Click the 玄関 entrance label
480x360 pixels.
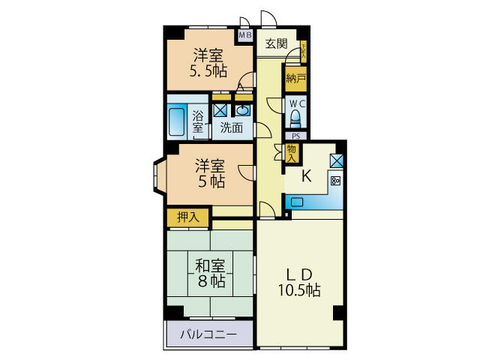click(x=276, y=43)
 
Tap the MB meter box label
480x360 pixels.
click(x=245, y=34)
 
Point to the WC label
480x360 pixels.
click(x=296, y=103)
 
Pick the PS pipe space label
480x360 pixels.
click(x=295, y=136)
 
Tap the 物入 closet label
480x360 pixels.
click(x=292, y=154)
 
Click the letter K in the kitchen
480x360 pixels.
click(x=306, y=177)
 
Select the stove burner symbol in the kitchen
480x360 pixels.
click(x=335, y=180)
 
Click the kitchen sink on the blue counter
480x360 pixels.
click(x=296, y=201)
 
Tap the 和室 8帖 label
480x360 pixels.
click(x=211, y=274)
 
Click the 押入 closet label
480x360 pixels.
click(x=187, y=217)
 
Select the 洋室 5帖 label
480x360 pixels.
click(x=211, y=172)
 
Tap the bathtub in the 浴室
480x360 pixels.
click(x=177, y=121)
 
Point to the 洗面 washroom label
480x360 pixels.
click(x=231, y=127)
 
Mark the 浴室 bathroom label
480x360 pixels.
click(x=198, y=121)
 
